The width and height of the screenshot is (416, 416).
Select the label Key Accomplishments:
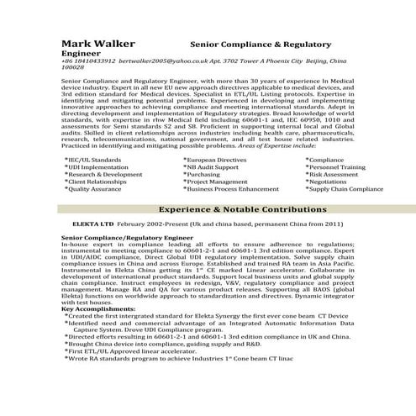tap(97, 308)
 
